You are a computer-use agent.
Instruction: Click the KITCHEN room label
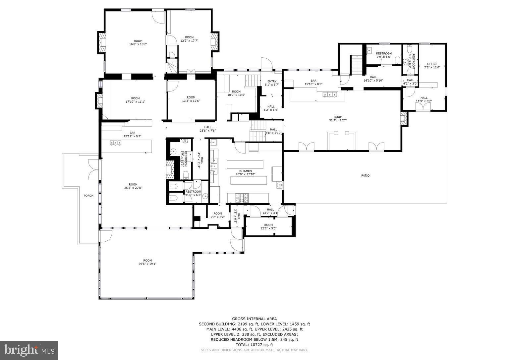click(x=245, y=171)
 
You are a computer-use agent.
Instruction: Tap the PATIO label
click(x=365, y=175)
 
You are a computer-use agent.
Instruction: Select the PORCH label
click(x=88, y=196)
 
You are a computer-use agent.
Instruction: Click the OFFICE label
click(x=432, y=64)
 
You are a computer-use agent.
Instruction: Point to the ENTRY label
click(x=272, y=81)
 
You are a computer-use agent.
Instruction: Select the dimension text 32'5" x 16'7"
click(x=338, y=120)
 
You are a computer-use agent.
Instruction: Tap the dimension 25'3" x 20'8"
click(x=133, y=188)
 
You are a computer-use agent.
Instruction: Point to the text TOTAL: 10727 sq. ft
click(x=254, y=345)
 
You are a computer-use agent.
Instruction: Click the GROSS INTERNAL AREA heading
click(x=254, y=319)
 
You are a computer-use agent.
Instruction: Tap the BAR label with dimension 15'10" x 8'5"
click(x=313, y=81)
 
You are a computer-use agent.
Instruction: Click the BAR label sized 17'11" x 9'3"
click(x=133, y=133)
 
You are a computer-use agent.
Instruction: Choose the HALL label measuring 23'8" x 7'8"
click(x=208, y=127)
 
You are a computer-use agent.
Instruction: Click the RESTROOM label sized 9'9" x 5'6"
click(x=384, y=53)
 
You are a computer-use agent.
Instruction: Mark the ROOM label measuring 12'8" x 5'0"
click(x=268, y=225)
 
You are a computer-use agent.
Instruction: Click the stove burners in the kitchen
click(x=243, y=198)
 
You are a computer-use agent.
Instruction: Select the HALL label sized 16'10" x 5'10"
click(x=373, y=77)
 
